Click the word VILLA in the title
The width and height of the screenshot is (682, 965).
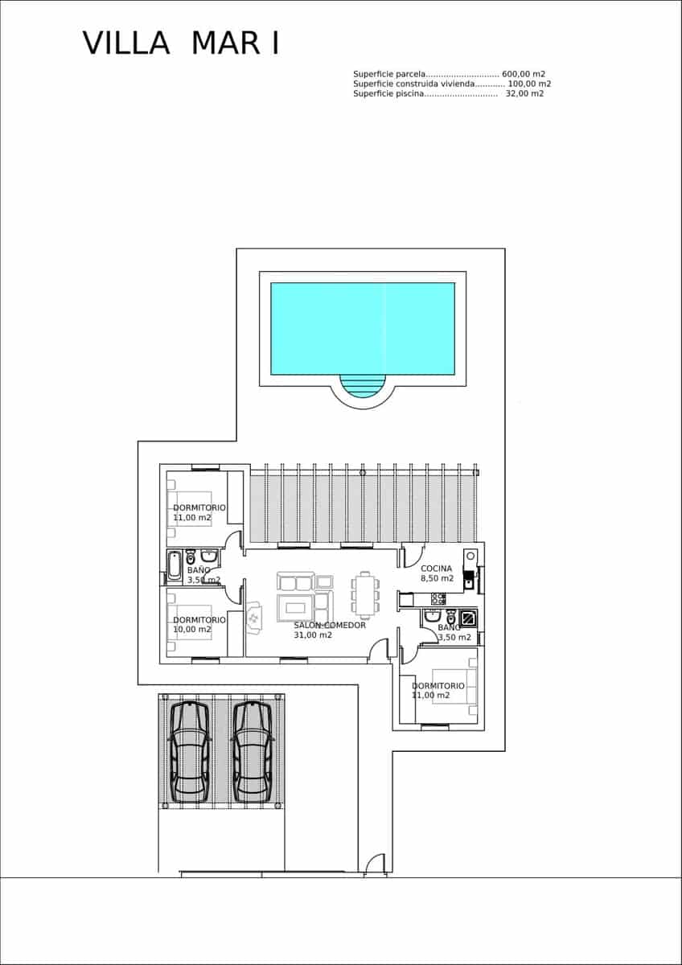pos(125,43)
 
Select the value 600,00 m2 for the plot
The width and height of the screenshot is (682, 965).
pos(524,74)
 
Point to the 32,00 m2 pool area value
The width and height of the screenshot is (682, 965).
pos(524,93)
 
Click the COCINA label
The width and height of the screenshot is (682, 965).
pos(436,569)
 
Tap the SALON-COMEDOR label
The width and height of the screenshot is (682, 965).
pos(330,625)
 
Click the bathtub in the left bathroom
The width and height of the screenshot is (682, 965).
pos(175,566)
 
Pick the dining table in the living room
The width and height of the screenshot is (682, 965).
pos(366,593)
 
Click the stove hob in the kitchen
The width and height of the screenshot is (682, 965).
pos(438,599)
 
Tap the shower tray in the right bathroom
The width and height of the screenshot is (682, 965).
pos(468,618)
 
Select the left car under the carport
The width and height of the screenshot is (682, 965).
pos(190,752)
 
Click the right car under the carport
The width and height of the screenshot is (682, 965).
pos(253,752)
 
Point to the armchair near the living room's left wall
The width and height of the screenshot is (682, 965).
pos(254,618)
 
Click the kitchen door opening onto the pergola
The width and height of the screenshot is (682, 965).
pos(413,555)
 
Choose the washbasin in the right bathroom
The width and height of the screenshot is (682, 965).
pos(432,617)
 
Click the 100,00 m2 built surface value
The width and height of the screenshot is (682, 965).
pos(529,84)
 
